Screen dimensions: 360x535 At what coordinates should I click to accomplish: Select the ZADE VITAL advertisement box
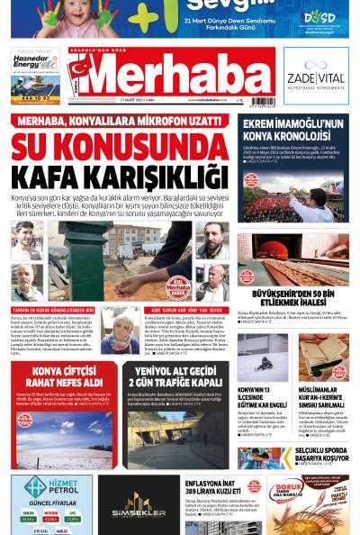(x=315, y=76)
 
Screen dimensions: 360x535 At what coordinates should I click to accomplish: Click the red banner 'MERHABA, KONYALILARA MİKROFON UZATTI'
(x=120, y=121)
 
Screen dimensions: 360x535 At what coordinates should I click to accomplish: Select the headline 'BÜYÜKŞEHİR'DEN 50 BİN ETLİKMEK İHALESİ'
(x=292, y=298)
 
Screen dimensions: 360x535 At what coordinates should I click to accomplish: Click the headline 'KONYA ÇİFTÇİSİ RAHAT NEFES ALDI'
(x=64, y=378)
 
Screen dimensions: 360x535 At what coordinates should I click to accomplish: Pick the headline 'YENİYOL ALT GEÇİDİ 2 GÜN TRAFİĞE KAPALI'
(x=175, y=377)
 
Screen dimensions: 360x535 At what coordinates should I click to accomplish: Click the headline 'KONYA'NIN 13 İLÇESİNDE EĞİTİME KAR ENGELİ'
(x=260, y=395)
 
